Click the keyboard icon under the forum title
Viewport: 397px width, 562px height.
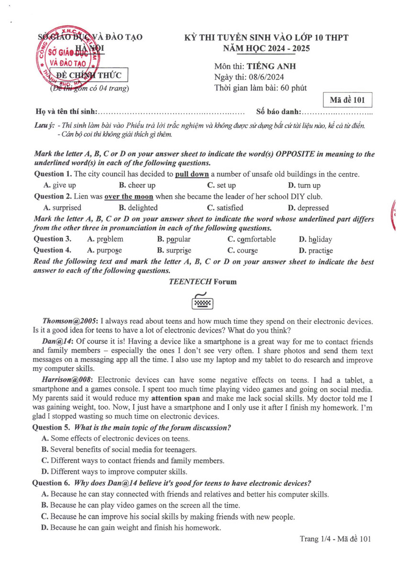coord(202,301)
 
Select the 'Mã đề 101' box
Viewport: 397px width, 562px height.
coord(347,100)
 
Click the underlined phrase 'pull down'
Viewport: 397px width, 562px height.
coord(192,174)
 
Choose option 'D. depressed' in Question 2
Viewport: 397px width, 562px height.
coord(308,208)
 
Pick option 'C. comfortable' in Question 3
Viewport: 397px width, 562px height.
coord(252,239)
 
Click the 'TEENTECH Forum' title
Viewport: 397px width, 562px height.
coord(202,282)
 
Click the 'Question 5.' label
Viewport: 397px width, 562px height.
coord(51,427)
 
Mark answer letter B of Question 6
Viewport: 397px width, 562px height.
coord(44,505)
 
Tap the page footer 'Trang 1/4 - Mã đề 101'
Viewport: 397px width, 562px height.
coord(335,539)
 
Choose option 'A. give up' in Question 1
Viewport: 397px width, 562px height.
coord(59,185)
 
